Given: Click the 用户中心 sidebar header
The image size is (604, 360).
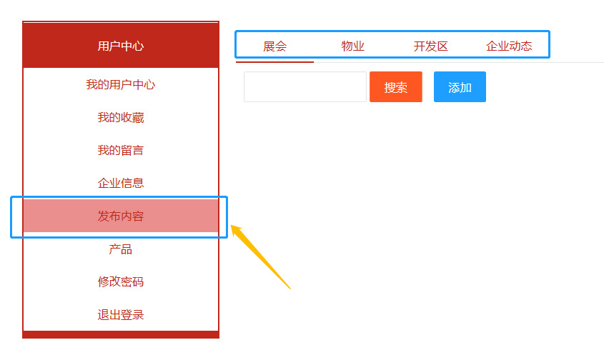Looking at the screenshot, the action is [120, 46].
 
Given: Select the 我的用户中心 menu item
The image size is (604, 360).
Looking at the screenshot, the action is [120, 85].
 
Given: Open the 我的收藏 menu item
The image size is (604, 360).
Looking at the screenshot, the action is [120, 118].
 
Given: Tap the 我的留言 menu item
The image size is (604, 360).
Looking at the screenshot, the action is [120, 151].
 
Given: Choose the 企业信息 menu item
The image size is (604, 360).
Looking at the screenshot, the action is [120, 184].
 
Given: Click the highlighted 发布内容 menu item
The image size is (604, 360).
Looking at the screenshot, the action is [120, 216].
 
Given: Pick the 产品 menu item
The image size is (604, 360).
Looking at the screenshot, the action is [120, 249].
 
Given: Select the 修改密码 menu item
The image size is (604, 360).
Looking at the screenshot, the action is [120, 282].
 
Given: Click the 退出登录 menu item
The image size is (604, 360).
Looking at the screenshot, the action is [120, 315].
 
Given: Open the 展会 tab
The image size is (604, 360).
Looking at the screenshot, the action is [274, 46].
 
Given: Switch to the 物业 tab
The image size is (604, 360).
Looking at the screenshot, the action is [352, 46].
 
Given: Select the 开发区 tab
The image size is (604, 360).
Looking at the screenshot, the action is [430, 46].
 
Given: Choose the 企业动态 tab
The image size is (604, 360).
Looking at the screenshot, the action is [509, 46].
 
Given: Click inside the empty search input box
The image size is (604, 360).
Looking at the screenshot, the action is [305, 87].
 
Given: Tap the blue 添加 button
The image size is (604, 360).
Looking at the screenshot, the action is [460, 87].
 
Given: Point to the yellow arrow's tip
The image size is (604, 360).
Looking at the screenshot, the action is [232, 227].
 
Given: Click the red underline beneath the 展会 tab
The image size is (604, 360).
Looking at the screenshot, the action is [274, 62].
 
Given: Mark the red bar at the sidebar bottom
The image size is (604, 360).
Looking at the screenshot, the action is [120, 334].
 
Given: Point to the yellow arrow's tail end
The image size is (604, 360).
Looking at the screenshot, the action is [290, 289].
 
